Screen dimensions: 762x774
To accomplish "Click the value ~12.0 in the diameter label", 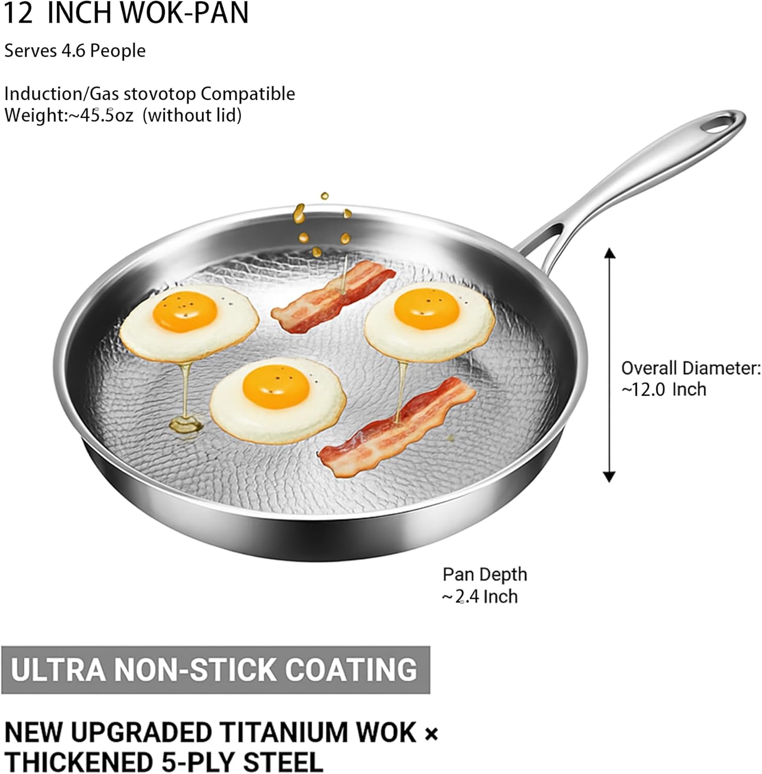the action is pos(644,389).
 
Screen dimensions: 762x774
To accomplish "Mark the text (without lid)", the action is pos(192,115).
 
